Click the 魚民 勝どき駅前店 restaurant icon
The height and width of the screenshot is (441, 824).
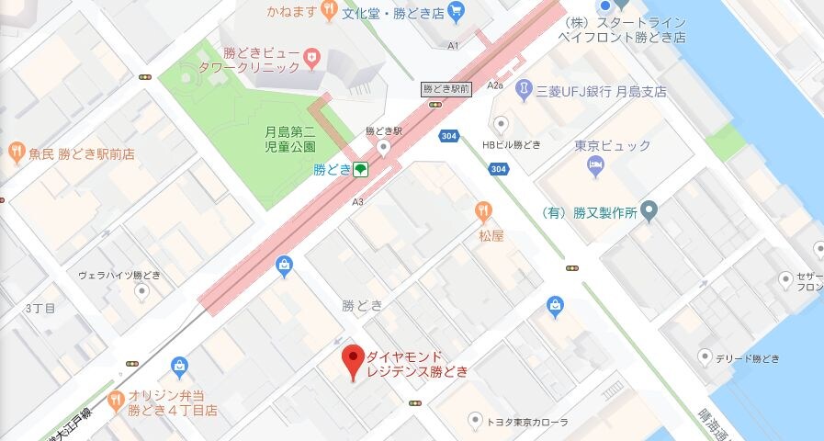(16, 153)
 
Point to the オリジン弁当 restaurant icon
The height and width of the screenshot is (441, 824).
(115, 400)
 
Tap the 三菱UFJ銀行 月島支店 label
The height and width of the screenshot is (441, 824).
(602, 92)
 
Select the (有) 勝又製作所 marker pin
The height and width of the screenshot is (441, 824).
(649, 212)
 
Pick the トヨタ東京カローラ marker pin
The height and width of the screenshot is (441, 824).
(474, 421)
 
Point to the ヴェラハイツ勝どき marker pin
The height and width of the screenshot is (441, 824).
(141, 292)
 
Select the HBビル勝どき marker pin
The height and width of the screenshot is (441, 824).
(502, 125)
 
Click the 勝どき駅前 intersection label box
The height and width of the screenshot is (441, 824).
(446, 89)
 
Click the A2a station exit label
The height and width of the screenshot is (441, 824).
(497, 85)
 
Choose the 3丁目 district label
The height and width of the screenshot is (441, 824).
(40, 307)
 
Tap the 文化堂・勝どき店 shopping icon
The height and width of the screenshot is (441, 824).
(457, 12)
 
